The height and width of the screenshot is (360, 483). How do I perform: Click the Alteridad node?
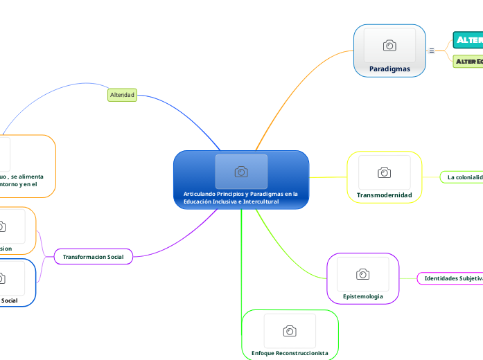[123, 95]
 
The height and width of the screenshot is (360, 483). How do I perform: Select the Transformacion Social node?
[93, 257]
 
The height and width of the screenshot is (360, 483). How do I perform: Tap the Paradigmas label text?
[389, 69]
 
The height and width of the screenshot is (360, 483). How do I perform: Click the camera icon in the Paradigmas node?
[389, 46]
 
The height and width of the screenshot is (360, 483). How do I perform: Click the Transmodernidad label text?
[384, 195]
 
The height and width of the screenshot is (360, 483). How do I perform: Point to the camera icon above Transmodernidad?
[384, 172]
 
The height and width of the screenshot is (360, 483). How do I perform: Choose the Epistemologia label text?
[363, 296]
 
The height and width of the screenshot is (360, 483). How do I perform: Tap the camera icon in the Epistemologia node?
[362, 274]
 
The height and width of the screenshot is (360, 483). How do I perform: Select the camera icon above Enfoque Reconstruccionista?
[290, 331]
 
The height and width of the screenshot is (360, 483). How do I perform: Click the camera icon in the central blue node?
[241, 172]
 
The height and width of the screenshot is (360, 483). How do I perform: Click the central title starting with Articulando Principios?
[240, 197]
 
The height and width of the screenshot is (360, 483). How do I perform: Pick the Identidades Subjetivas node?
[453, 278]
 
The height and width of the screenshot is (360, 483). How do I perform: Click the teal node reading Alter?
[468, 40]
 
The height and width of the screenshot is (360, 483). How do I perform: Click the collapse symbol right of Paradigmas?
[432, 51]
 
